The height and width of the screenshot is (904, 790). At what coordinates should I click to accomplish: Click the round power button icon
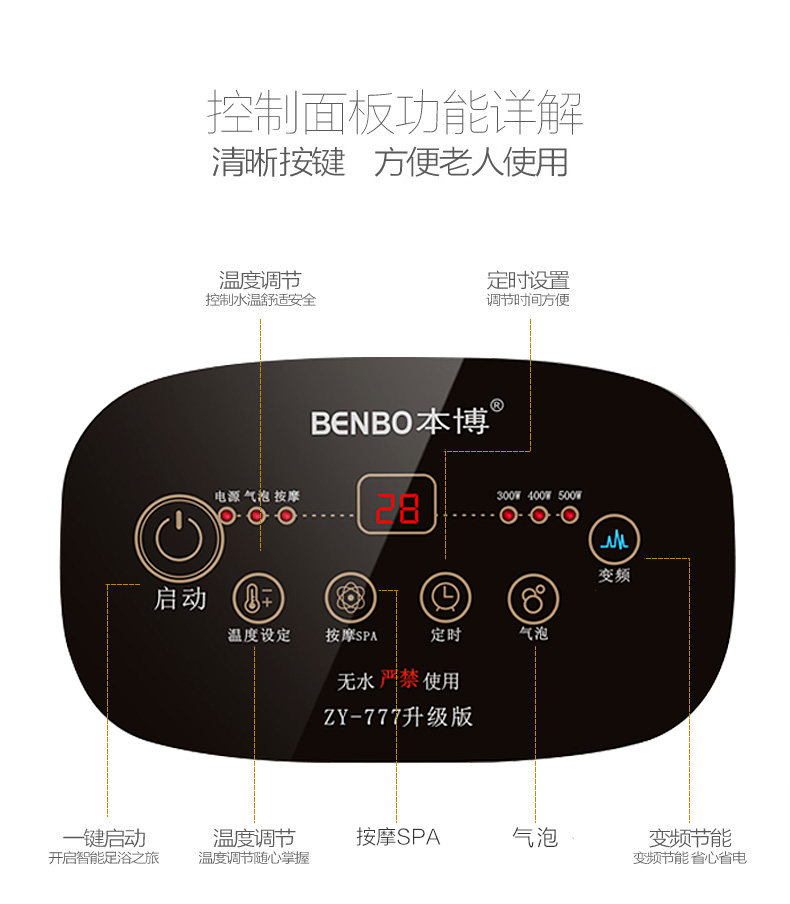pos(180,540)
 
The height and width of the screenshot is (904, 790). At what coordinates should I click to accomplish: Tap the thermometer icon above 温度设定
pos(256,598)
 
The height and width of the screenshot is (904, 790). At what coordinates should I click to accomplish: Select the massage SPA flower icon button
pos(349,598)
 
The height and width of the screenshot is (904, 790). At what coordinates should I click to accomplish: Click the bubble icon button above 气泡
pos(533,598)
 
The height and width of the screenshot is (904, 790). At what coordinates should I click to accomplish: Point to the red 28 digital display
pos(397,511)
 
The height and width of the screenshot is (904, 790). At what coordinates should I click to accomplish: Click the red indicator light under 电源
pos(227,516)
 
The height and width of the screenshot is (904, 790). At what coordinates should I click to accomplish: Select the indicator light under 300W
pos(509,516)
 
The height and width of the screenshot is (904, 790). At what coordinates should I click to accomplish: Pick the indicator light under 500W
pos(570,516)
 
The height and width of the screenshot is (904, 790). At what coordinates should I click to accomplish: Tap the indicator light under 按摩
pos(286,516)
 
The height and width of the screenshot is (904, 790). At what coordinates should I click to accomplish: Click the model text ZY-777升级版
pos(397,716)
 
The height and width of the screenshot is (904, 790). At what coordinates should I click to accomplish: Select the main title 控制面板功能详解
pos(395,112)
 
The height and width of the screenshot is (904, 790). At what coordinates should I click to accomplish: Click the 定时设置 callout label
pos(528,280)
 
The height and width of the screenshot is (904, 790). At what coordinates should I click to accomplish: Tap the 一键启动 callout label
pos(104,837)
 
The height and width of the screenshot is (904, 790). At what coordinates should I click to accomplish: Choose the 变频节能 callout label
pos(690,837)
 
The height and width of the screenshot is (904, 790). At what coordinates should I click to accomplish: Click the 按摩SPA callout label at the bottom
pos(398,836)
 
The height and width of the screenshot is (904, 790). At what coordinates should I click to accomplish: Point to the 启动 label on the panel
pos(180,599)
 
